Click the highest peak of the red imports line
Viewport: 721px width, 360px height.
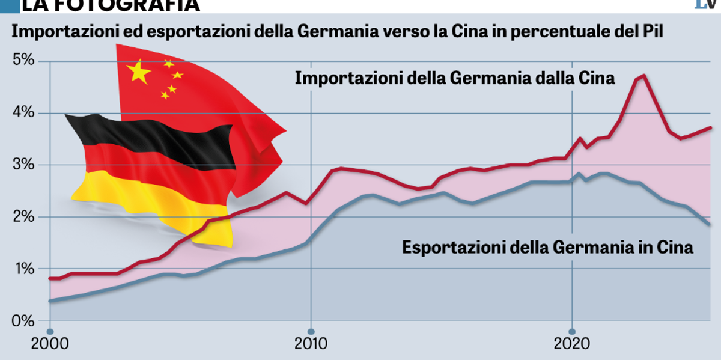click(644, 75)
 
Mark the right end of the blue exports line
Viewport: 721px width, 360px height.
click(710, 225)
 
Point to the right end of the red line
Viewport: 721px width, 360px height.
click(711, 127)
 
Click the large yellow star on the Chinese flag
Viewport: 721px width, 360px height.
click(139, 72)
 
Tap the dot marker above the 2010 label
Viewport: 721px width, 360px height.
click(311, 331)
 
